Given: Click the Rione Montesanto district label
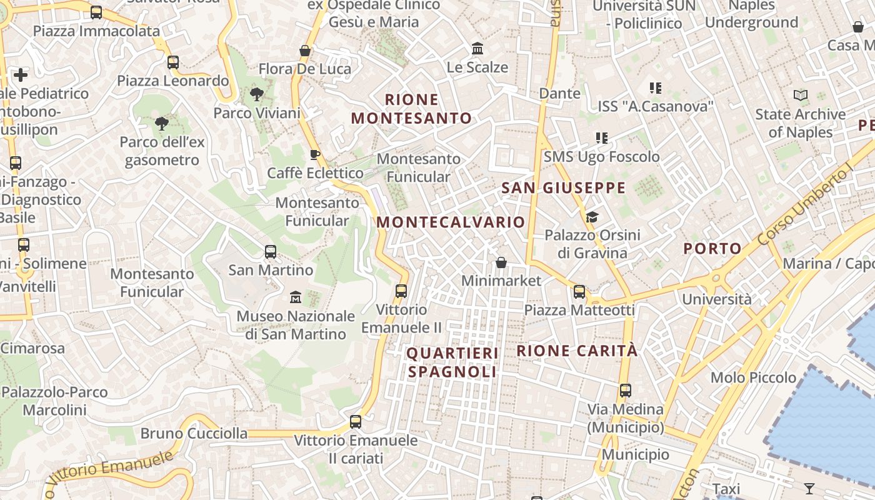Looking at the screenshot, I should [411, 109].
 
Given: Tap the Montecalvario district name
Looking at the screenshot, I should [451, 222].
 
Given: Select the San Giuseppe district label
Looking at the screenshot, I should [563, 187].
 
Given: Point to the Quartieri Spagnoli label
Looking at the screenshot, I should [453, 362].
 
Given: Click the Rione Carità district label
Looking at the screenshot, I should [577, 351].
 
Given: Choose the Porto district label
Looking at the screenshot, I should [712, 248].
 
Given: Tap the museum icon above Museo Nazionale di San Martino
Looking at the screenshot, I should [296, 297].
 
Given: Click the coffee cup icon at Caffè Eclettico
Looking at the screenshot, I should [315, 154].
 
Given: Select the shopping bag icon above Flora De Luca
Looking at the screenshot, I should [305, 51].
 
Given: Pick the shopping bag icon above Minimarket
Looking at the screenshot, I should [501, 262].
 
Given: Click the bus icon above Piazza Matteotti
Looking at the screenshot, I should [579, 291].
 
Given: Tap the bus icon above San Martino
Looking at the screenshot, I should [271, 252].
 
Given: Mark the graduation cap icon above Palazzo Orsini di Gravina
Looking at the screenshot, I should [592, 217].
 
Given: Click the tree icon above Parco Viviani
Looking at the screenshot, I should [256, 94].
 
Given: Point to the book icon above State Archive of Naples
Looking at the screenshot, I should [800, 96].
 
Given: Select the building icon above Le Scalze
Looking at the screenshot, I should [477, 48].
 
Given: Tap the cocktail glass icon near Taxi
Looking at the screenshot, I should [809, 487].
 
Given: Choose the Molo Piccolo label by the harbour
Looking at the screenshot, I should [753, 377].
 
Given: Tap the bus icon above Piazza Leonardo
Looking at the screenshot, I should [173, 62].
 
